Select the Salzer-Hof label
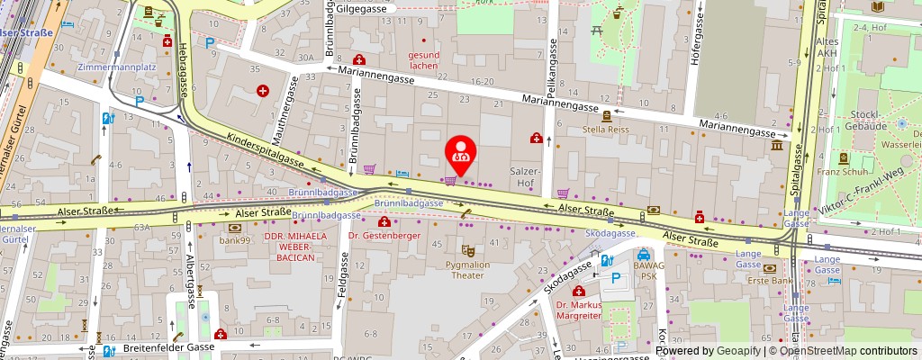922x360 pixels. click(x=525, y=176)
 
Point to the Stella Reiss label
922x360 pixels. click(x=606, y=130)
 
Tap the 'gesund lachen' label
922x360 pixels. click(x=423, y=59)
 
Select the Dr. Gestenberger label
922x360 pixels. click(x=384, y=235)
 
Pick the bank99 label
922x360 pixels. click(x=233, y=239)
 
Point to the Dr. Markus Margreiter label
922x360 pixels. click(x=579, y=310)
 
